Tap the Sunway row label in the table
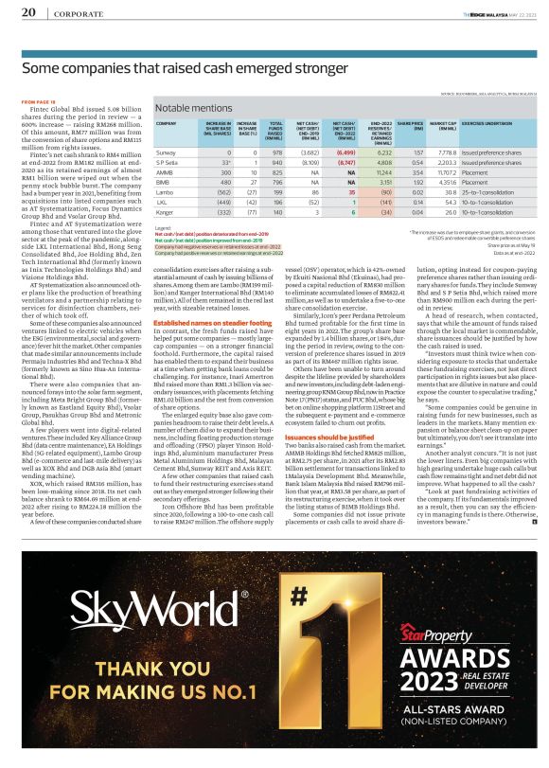(x=167, y=152)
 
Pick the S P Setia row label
(x=168, y=163)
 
